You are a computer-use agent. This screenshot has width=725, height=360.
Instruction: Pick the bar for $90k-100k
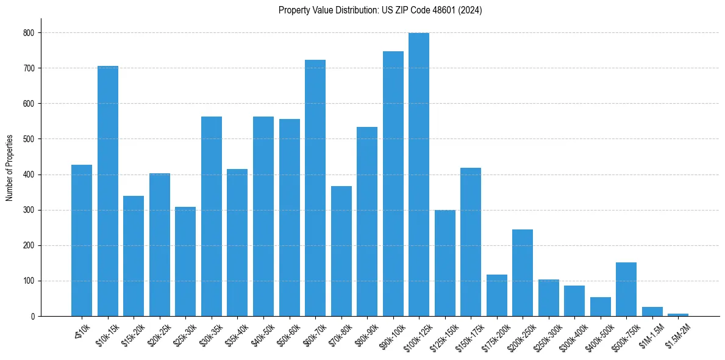(393, 184)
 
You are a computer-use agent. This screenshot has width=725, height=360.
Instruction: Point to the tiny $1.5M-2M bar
(678, 315)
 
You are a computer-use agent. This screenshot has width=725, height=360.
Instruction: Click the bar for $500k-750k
(626, 289)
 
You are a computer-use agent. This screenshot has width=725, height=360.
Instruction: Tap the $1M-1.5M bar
(652, 312)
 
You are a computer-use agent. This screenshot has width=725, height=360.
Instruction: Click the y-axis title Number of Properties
(10, 168)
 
